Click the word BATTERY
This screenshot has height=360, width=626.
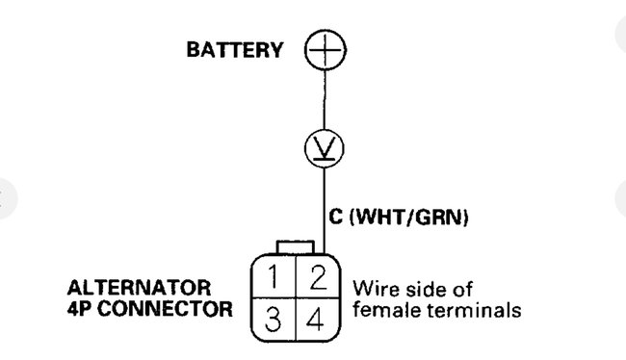click(235, 51)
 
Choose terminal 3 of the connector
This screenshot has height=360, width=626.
click(274, 319)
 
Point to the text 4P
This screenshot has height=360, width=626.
click(81, 310)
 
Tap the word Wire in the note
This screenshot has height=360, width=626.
click(376, 290)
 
